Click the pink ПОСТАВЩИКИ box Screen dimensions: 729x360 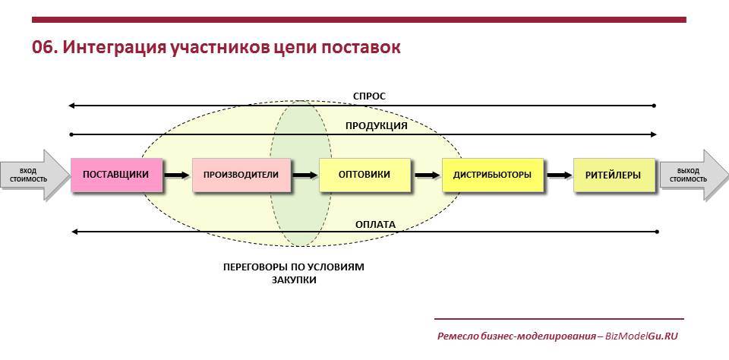point(116,175)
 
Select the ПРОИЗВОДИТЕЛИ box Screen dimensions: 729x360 point(241,175)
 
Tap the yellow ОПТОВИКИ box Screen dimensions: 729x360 point(365,175)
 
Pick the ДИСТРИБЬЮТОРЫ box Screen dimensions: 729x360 point(492,175)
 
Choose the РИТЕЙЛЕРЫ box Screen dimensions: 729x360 point(614,175)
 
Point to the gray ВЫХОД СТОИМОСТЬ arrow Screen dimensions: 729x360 point(693,175)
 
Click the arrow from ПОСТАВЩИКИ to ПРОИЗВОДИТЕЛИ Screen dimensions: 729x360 point(177,175)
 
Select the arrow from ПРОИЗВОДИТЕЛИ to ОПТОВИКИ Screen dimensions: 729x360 point(305,175)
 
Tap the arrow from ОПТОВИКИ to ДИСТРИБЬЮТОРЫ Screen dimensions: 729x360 point(427,175)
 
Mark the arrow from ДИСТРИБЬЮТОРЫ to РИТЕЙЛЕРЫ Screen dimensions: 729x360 point(559,175)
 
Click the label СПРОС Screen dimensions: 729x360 point(369,96)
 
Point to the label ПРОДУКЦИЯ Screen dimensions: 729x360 point(376,126)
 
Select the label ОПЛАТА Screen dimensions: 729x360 point(375,225)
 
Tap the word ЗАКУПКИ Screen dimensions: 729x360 point(294,280)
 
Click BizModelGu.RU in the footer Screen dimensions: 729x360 point(642,336)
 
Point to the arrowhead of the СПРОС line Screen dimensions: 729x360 point(71,106)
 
